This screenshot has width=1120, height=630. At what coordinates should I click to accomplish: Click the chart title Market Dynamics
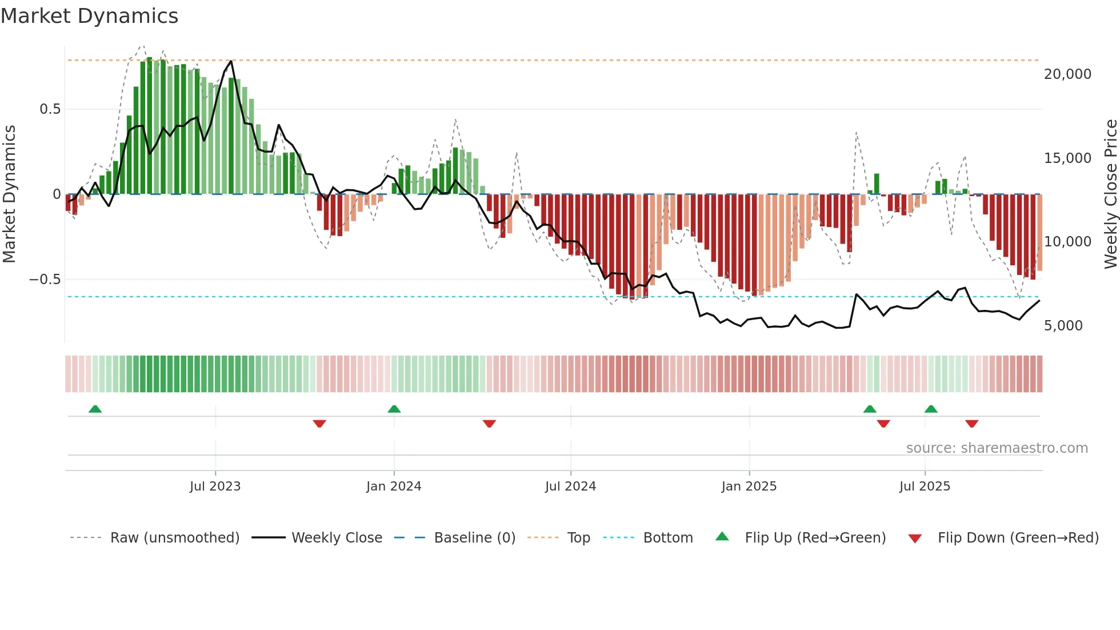tap(89, 16)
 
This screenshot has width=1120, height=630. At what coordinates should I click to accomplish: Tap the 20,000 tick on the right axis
tap(1067, 74)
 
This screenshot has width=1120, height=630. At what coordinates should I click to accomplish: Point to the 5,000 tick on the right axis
tap(1063, 326)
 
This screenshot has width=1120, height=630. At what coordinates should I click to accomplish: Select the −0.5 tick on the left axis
tap(45, 280)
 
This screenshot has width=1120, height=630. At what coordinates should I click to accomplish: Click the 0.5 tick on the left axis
tap(50, 109)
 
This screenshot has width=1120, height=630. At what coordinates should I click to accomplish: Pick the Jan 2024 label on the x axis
tap(394, 487)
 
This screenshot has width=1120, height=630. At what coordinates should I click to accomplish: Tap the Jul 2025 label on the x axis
tap(925, 487)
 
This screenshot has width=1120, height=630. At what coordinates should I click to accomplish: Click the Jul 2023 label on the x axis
tap(215, 487)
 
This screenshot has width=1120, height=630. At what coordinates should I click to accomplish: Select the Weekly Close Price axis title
tap(1110, 194)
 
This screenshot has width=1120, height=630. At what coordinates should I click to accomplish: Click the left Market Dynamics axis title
tap(9, 194)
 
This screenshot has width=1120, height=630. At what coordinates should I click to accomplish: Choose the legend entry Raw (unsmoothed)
tap(174, 538)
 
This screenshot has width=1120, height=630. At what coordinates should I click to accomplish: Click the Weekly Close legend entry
tap(337, 538)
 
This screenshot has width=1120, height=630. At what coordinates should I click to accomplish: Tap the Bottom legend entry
tap(667, 538)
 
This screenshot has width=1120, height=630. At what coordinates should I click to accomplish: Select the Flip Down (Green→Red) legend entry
tap(1018, 538)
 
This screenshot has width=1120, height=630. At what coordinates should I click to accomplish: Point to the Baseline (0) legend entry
tap(474, 538)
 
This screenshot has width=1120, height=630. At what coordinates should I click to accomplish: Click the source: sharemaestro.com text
tap(997, 448)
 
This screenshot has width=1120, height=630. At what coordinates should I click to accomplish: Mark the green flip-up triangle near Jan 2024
tap(394, 409)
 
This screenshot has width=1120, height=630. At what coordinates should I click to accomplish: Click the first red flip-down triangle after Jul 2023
tap(319, 424)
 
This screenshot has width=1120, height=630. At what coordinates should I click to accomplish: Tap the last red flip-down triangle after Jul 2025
tap(971, 424)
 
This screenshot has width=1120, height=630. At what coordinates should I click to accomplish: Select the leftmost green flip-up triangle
tap(95, 409)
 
